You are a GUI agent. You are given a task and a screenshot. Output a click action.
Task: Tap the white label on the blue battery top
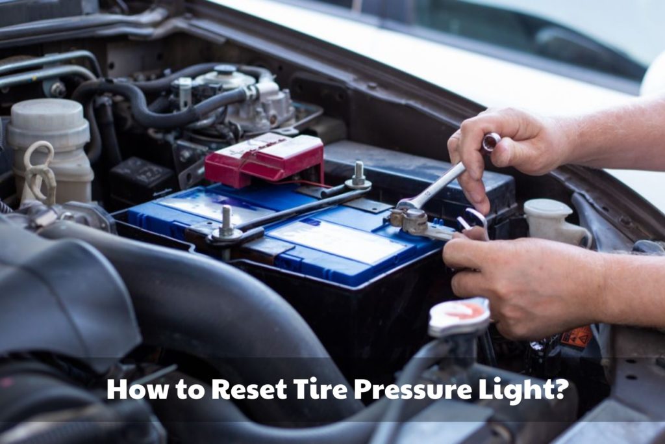tap(338, 241)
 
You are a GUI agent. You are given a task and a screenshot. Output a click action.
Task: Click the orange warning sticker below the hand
tap(576, 337)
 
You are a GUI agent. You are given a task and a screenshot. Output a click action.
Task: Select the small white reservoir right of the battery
tap(550, 220)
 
